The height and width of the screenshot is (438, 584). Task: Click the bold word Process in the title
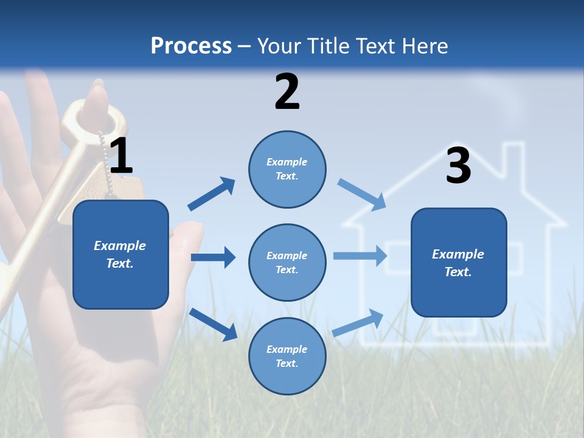click(x=191, y=46)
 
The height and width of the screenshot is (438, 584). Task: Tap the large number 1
click(x=121, y=156)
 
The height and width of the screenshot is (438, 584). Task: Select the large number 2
click(x=287, y=92)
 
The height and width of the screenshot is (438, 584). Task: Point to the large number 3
click(x=458, y=165)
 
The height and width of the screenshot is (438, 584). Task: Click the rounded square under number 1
click(x=120, y=254)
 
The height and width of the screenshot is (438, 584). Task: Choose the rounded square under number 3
click(x=459, y=262)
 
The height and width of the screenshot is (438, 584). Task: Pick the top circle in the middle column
click(x=287, y=169)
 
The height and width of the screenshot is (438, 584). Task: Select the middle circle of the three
click(x=287, y=262)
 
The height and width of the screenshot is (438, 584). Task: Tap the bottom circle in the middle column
click(x=287, y=356)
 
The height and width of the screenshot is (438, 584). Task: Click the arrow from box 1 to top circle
click(x=211, y=194)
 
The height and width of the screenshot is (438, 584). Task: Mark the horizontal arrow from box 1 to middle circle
click(x=213, y=257)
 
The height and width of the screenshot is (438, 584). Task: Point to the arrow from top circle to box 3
click(x=361, y=194)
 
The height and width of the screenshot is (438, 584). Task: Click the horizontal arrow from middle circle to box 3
click(x=360, y=255)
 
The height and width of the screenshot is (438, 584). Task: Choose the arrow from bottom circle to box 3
click(x=358, y=322)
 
